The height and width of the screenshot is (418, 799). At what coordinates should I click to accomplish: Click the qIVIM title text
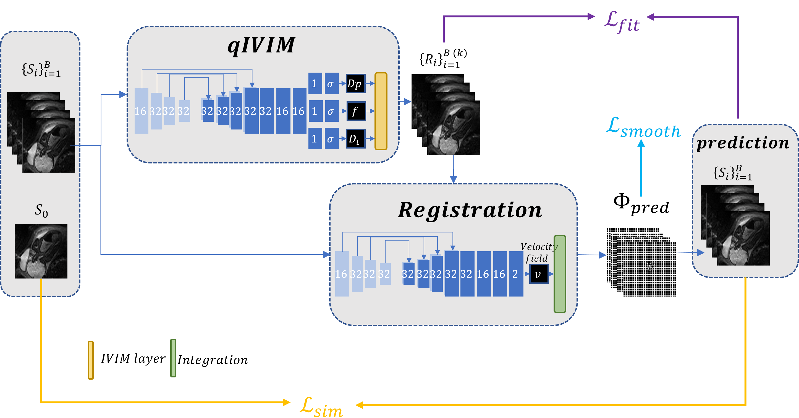click(x=261, y=46)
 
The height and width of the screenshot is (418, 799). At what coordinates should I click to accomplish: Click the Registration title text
click(x=470, y=210)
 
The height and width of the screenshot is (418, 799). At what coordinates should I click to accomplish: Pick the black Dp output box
click(x=355, y=84)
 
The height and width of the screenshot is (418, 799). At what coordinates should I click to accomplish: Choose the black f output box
click(x=355, y=111)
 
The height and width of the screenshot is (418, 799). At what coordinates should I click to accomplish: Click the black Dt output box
click(x=355, y=139)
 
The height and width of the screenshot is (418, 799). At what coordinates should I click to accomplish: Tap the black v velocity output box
click(x=538, y=274)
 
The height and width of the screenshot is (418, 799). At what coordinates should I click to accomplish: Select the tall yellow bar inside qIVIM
click(x=381, y=111)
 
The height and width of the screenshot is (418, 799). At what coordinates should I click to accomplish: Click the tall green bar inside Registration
click(x=560, y=274)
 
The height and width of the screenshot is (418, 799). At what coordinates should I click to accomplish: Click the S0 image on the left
click(x=41, y=251)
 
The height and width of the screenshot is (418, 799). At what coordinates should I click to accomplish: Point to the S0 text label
click(x=41, y=211)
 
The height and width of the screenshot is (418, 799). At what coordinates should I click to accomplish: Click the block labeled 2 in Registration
click(x=516, y=274)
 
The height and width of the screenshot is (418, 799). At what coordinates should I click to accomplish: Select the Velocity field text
click(x=538, y=252)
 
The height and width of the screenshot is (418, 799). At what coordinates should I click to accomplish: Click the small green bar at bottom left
click(x=173, y=358)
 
